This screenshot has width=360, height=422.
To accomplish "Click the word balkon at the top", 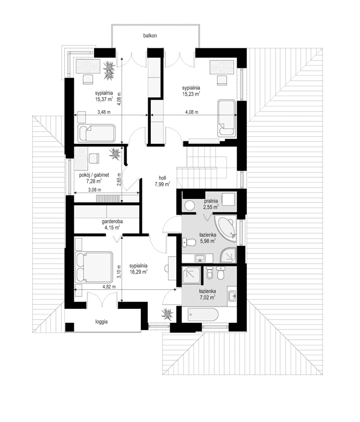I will (x=150, y=35).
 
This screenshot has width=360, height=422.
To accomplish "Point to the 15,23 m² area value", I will (x=191, y=94).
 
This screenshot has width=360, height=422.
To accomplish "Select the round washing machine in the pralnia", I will (x=189, y=205).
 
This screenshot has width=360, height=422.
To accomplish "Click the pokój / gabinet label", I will (x=94, y=175).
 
